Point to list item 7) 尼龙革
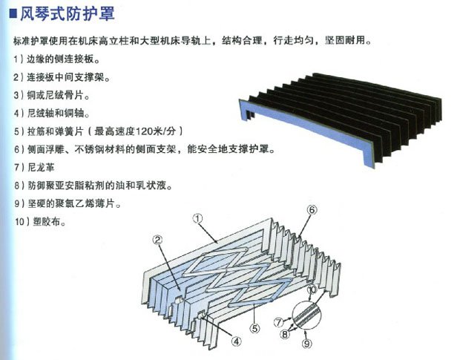coord(37,168)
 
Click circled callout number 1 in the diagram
coord(197,219)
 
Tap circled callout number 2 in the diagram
coord(157,240)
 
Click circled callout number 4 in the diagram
coord(235,342)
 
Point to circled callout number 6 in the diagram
coord(312,211)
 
